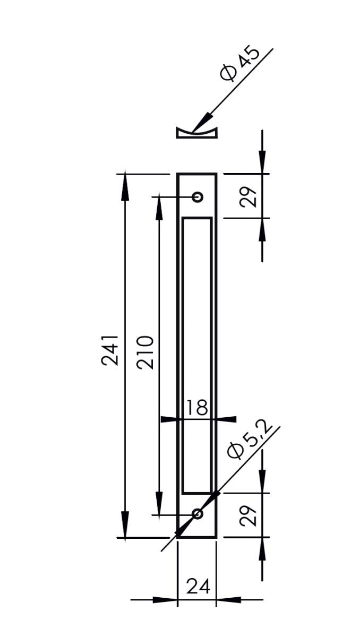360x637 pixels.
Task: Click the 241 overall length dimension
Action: point(110,350)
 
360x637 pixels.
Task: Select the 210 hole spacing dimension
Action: point(145,352)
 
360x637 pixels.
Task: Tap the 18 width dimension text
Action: point(196,408)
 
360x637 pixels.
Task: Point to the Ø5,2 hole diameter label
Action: point(250,442)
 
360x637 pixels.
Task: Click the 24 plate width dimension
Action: point(198,587)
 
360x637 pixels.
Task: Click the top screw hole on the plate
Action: point(198,197)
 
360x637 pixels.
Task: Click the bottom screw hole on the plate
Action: point(198,513)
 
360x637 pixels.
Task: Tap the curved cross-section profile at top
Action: point(196,133)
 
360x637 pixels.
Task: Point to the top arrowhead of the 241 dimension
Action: point(125,186)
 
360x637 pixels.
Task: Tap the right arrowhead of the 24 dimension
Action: point(228,600)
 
